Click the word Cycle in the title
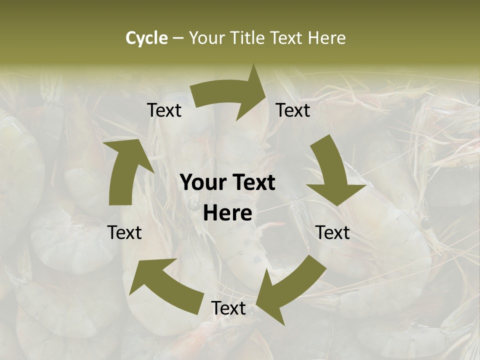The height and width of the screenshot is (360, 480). pyautogui.click(x=146, y=38)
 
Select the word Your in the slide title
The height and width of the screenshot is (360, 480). pyautogui.click(x=204, y=38)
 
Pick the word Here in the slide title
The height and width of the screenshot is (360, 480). pyautogui.click(x=327, y=38)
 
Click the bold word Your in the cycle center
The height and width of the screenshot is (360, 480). pyautogui.click(x=203, y=183)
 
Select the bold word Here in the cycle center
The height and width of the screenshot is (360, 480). pyautogui.click(x=227, y=213)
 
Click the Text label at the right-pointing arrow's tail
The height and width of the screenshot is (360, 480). pyautogui.click(x=164, y=110)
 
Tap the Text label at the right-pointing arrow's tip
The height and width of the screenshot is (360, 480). pyautogui.click(x=293, y=110)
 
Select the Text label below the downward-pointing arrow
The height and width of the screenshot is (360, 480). pyautogui.click(x=333, y=232)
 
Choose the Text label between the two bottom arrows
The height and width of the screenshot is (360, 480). pyautogui.click(x=228, y=308)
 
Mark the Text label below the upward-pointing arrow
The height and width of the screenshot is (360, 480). pyautogui.click(x=124, y=232)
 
